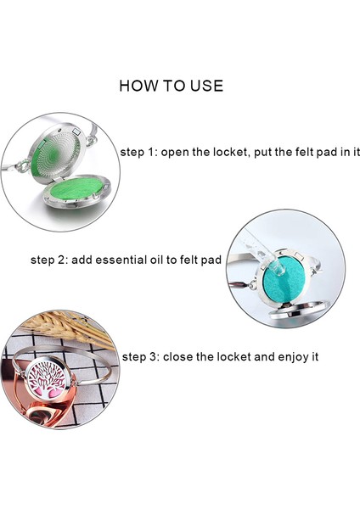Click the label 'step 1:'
coord(138,152)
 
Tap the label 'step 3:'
coord(141,357)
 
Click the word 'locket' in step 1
coord(230,152)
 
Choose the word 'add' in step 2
coord(82,260)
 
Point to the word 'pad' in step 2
coord(212,260)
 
